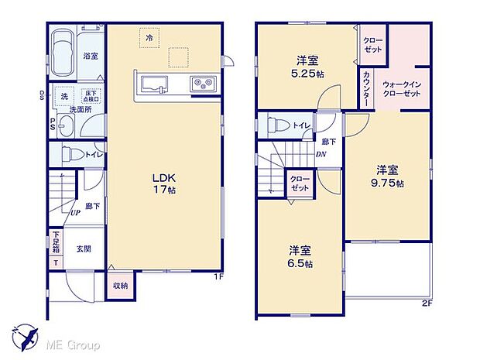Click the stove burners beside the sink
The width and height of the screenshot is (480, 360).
(203, 82)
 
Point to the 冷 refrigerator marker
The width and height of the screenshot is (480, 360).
(146, 35)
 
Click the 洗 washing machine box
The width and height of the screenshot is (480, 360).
(65, 97)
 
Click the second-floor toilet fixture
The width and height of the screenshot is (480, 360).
(278, 125)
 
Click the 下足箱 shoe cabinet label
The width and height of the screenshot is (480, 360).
(56, 242)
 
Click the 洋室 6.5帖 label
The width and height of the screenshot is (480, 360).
(302, 256)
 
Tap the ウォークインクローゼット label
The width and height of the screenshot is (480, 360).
(401, 88)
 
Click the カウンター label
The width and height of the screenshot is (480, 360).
(365, 88)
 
